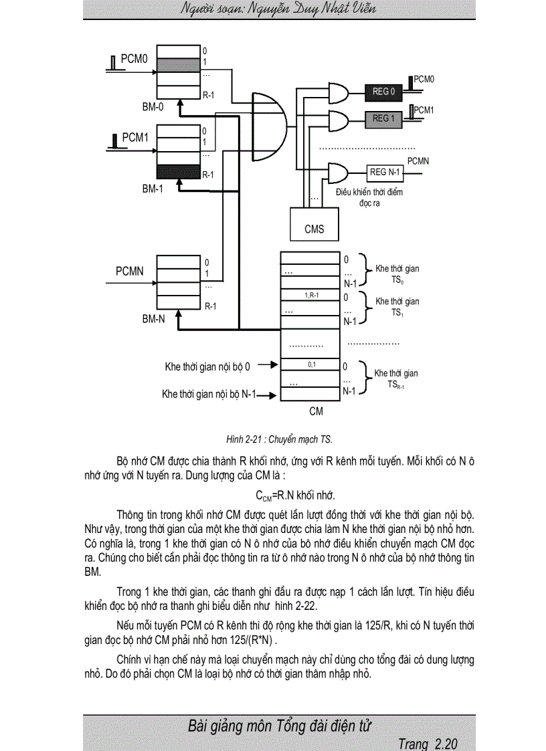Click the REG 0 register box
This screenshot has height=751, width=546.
[384, 92]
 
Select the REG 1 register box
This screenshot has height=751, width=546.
[384, 119]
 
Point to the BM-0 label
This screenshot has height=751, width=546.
[153, 108]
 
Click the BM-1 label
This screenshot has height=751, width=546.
[153, 189]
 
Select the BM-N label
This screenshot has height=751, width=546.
[153, 320]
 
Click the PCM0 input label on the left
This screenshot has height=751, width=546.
[134, 60]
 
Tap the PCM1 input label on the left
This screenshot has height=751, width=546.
[135, 138]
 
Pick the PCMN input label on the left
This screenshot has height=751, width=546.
[130, 272]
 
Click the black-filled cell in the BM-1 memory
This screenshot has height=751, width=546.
[178, 173]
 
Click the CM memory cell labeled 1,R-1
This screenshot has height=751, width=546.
[311, 295]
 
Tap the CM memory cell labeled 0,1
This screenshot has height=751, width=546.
[311, 364]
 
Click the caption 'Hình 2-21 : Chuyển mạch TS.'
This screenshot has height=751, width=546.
[279, 439]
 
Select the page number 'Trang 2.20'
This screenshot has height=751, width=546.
[428, 744]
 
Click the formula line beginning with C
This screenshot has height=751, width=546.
[295, 496]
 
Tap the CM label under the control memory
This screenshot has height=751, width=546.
[316, 411]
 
